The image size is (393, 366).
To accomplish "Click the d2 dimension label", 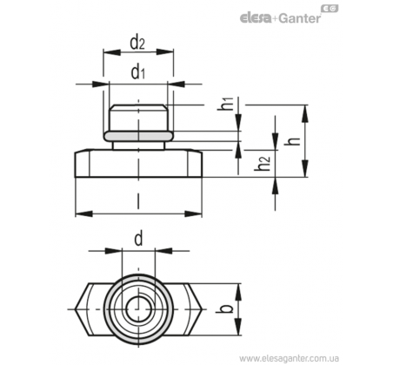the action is pos(137,43).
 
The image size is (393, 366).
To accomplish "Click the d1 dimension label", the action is pos(137,72).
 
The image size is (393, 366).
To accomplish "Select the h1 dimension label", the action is pos(225,104).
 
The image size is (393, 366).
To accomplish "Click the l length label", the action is pos(138,201).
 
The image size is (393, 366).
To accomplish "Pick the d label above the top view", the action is pos(138,240).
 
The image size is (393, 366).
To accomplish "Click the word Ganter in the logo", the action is pos(300,18).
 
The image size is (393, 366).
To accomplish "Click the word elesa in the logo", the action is pos(256,18).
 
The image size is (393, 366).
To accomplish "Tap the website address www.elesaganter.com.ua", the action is pos(289,358).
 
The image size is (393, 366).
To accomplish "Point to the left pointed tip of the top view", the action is pos(76,309).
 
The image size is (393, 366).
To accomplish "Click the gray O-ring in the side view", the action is pos(138,136).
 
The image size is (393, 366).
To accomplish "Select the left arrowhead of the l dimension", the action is pos(84,214).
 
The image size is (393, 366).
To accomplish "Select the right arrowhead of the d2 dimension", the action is pos(164,52).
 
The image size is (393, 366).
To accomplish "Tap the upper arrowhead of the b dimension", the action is pos(238,292).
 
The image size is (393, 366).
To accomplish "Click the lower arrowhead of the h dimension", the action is pos(304,168).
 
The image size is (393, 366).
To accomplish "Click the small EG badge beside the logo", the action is pos(330,9).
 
